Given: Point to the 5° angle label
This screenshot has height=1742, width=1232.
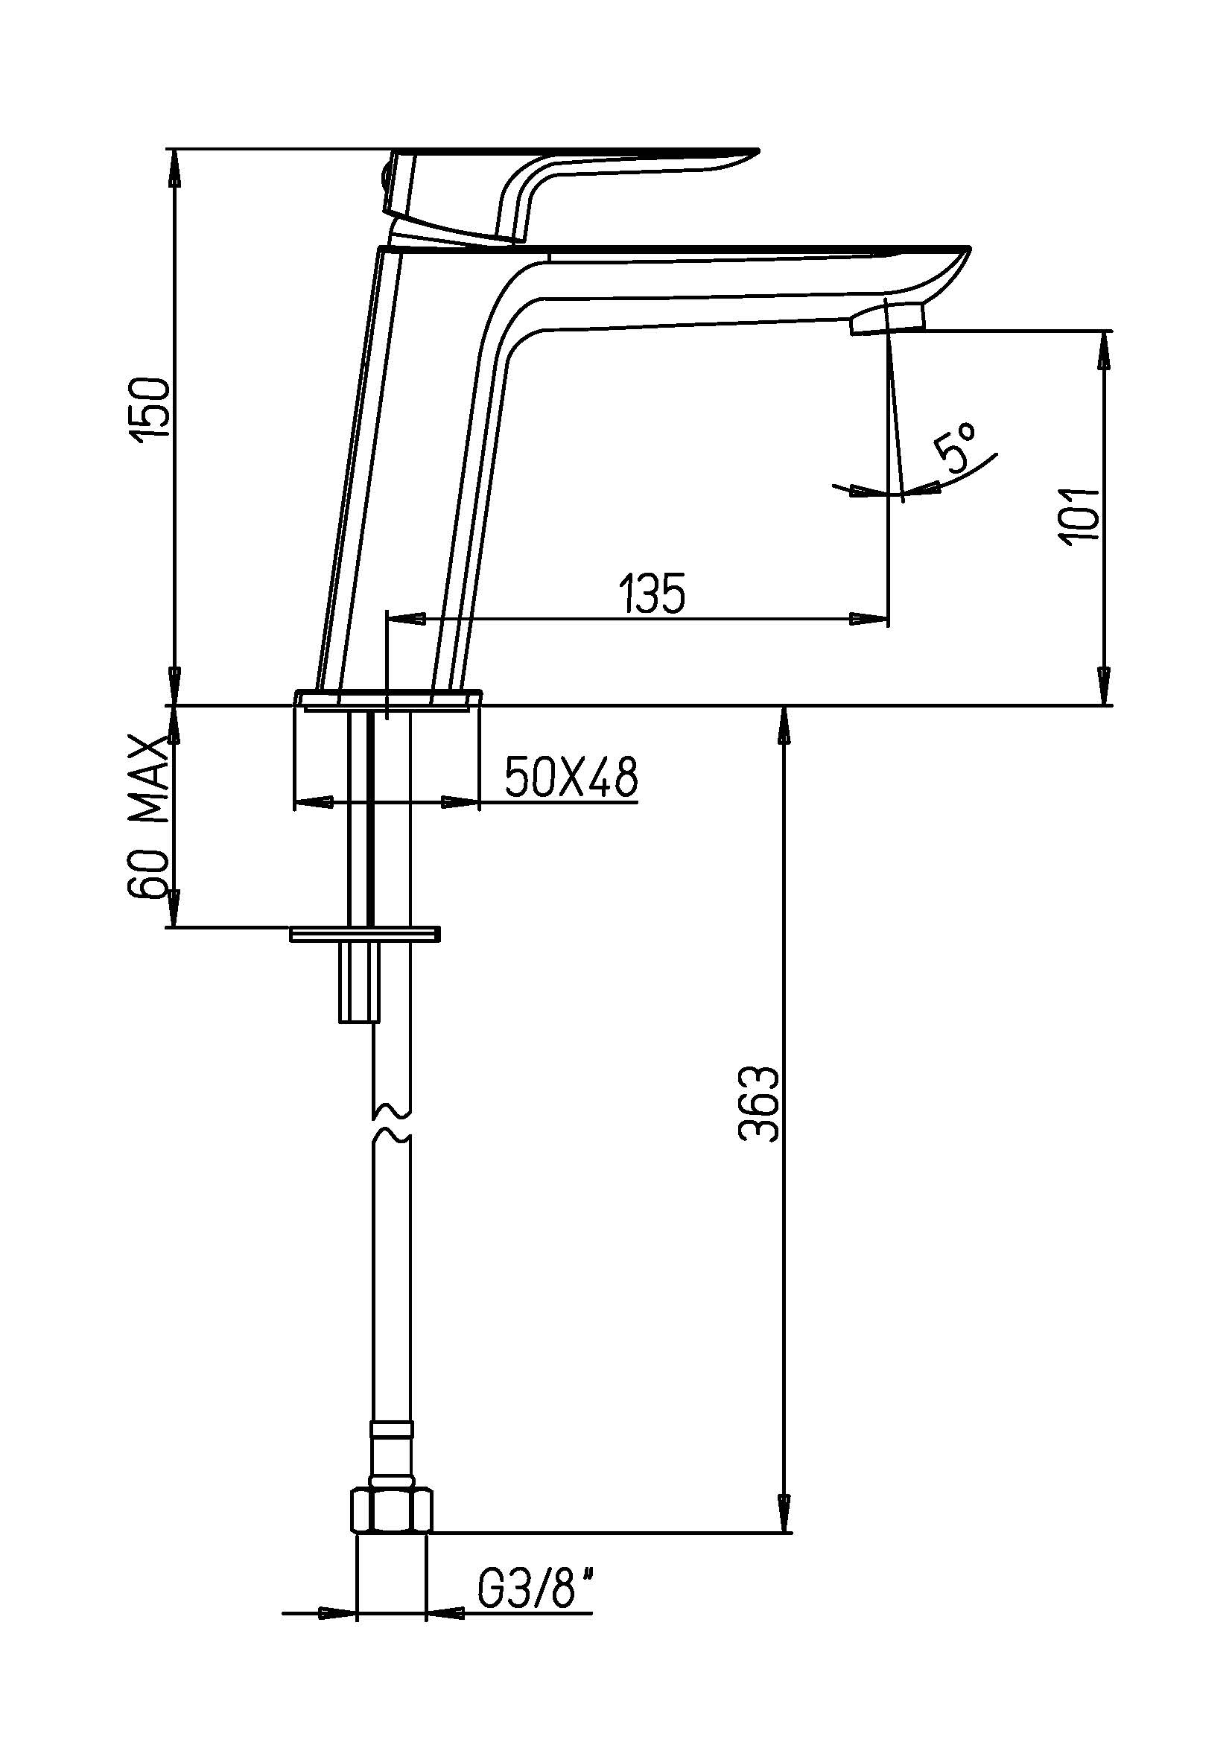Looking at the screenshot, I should point(957,453).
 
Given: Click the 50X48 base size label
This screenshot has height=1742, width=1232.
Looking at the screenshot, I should point(571,776).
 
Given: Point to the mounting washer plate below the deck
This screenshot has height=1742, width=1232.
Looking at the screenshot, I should point(365,933).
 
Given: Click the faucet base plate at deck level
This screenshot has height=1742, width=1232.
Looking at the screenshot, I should point(389,699).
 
